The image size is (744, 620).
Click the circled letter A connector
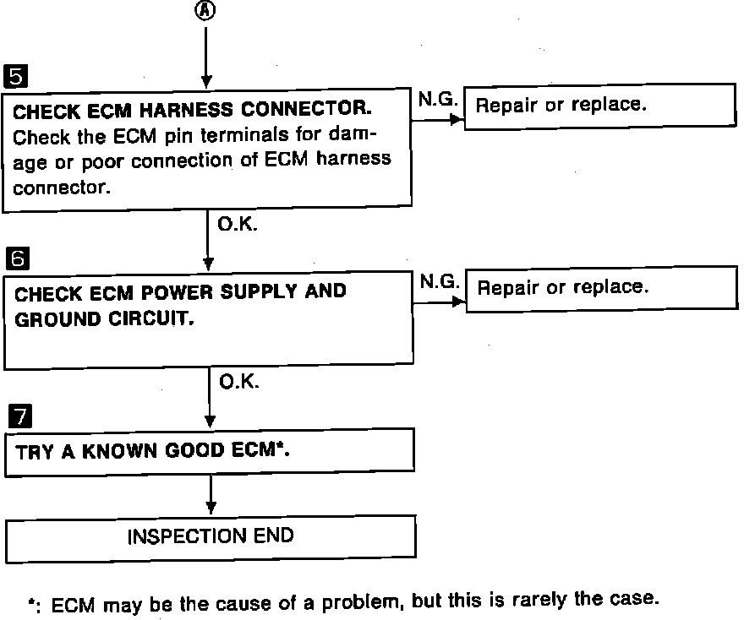pos(206,11)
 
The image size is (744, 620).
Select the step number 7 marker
pos(17,416)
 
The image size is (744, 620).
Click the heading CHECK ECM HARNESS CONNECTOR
pos(194,111)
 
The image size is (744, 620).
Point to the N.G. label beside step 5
pos(438,101)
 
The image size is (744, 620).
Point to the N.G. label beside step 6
pos(439,282)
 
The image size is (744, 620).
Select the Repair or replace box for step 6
pos(600,287)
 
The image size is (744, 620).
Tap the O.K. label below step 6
pos(239,382)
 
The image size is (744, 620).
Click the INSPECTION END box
pos(211,536)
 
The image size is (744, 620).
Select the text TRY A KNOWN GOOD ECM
pos(153,451)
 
